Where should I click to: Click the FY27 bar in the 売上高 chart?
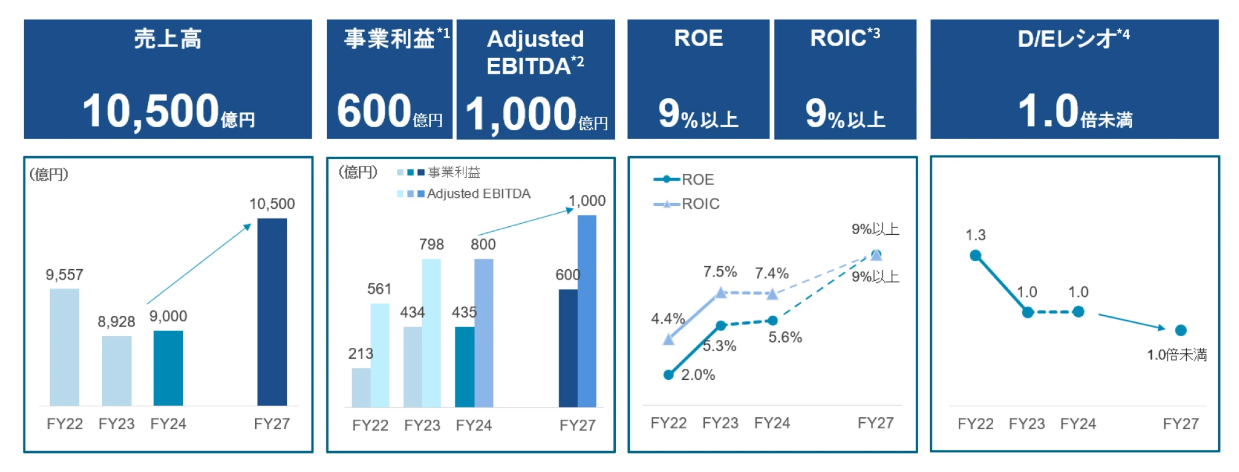click(x=272, y=312)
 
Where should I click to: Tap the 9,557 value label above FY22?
click(x=65, y=275)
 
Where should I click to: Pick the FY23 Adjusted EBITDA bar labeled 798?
click(x=431, y=332)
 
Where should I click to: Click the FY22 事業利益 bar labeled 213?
click(x=361, y=387)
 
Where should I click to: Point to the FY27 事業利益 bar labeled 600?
click(x=568, y=348)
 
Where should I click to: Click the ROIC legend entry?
click(x=700, y=203)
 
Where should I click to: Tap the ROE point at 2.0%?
click(x=669, y=375)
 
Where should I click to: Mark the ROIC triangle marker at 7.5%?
click(x=721, y=293)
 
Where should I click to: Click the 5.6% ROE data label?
click(x=785, y=337)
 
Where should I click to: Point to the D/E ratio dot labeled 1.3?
click(x=975, y=256)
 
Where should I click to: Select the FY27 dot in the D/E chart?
click(x=1181, y=331)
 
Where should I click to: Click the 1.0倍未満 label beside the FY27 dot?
click(x=1177, y=355)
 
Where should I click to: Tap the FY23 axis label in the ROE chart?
click(x=720, y=423)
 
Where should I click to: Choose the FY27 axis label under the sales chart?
click(x=272, y=423)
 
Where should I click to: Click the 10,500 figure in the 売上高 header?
click(x=151, y=112)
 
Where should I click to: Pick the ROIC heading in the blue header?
click(x=838, y=38)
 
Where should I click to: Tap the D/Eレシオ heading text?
click(x=1067, y=39)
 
